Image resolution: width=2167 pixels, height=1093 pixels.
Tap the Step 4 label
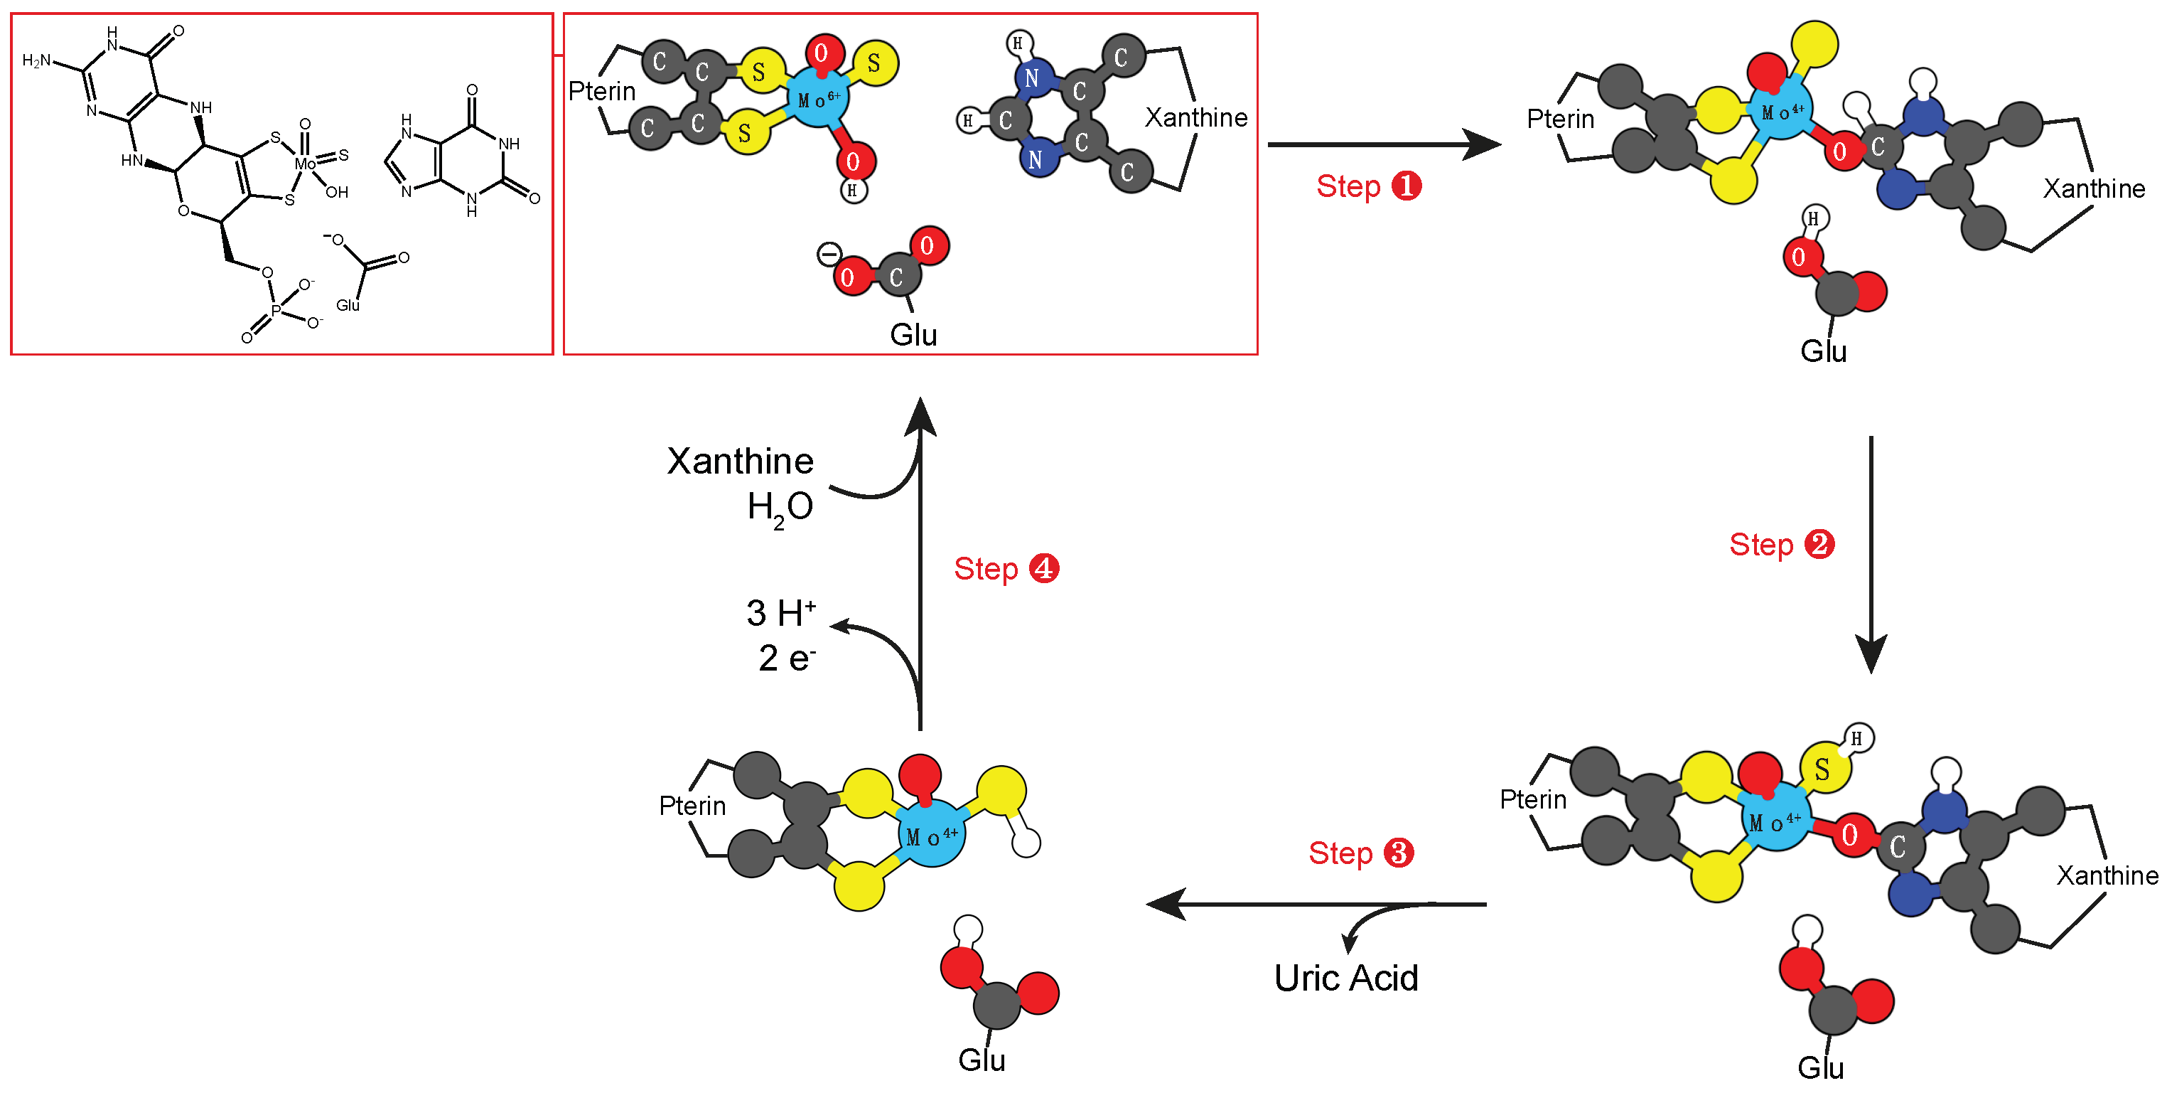(x=1005, y=569)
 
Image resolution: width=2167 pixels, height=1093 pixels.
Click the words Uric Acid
(x=1345, y=978)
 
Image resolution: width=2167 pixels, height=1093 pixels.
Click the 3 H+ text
(x=780, y=612)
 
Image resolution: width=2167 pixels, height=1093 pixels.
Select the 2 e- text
(x=787, y=658)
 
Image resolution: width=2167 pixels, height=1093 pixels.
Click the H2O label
(x=779, y=507)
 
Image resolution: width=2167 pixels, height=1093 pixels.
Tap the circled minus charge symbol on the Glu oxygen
(x=829, y=253)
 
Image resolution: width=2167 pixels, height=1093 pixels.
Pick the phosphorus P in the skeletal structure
(x=276, y=311)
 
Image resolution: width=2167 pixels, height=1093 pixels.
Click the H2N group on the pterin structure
(x=36, y=60)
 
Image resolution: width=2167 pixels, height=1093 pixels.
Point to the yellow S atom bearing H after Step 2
(x=1824, y=768)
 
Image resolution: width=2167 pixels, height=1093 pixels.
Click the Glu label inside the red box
(x=913, y=335)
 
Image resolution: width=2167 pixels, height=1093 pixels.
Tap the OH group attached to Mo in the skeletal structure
(x=336, y=192)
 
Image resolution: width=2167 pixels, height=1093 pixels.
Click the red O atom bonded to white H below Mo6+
(x=854, y=161)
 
